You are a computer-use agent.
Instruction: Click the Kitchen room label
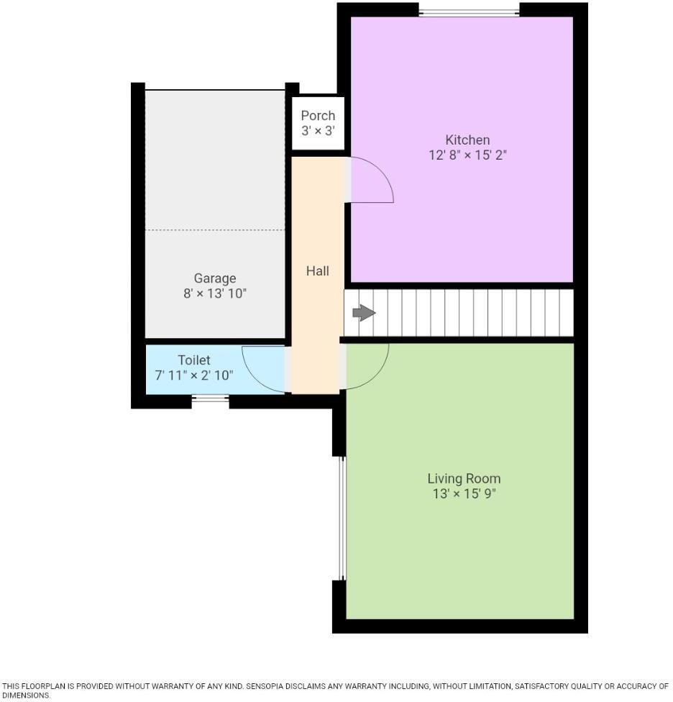(x=467, y=140)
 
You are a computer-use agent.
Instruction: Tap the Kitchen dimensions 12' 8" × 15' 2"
(x=467, y=155)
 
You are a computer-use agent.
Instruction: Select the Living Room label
(x=464, y=478)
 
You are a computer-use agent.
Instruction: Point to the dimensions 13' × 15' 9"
(x=464, y=494)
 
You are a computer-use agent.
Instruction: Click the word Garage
(x=214, y=278)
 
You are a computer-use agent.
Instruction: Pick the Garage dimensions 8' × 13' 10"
(x=214, y=293)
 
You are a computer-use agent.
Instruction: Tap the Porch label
(x=318, y=115)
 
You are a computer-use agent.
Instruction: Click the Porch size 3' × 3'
(x=318, y=131)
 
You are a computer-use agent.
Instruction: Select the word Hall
(x=317, y=270)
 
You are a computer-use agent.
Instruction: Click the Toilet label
(x=194, y=360)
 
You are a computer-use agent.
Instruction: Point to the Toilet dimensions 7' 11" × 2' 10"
(x=194, y=375)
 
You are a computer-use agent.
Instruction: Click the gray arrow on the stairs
(x=364, y=313)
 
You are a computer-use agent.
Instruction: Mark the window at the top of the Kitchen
(x=469, y=10)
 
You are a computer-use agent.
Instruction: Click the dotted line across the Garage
(x=215, y=230)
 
